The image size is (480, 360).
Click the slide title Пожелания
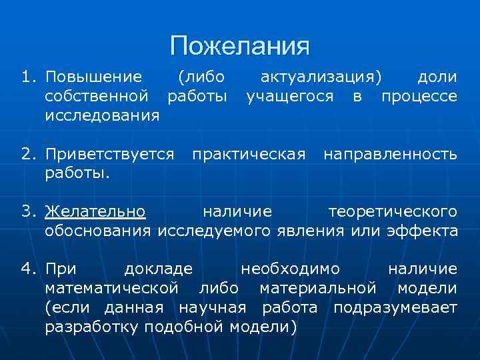[x=239, y=46]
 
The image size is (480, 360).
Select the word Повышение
[x=93, y=77]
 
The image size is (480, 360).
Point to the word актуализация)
[x=321, y=77]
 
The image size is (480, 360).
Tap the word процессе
[x=419, y=96]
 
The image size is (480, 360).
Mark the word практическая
[x=249, y=155]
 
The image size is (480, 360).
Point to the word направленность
[x=390, y=155]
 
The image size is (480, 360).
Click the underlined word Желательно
[x=95, y=212]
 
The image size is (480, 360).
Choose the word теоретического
[x=393, y=212]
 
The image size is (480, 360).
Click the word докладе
[x=159, y=269]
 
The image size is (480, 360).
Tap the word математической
[x=111, y=289]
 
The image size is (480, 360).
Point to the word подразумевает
[x=395, y=308]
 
